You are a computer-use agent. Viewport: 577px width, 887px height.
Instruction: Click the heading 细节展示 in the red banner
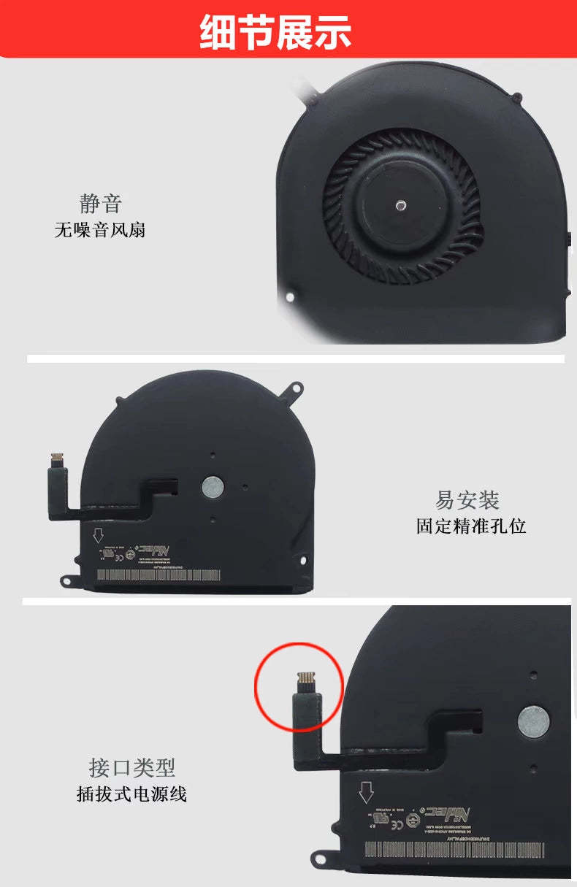[275, 33]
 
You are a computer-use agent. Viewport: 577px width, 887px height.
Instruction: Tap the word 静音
[100, 203]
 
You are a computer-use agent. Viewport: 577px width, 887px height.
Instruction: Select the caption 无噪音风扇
[100, 230]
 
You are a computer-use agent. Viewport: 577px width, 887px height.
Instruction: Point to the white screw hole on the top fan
[290, 297]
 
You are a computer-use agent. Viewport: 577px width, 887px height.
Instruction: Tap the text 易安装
[467, 501]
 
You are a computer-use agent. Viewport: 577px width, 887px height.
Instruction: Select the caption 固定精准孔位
[471, 526]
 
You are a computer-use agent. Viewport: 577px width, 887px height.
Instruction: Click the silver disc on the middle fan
[212, 484]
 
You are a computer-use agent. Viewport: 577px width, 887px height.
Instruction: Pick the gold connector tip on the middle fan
[56, 459]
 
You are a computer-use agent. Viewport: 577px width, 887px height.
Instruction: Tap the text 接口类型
[132, 767]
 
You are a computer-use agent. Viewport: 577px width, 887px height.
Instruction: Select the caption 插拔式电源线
[132, 794]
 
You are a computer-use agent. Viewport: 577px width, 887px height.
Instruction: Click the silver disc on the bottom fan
[534, 721]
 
